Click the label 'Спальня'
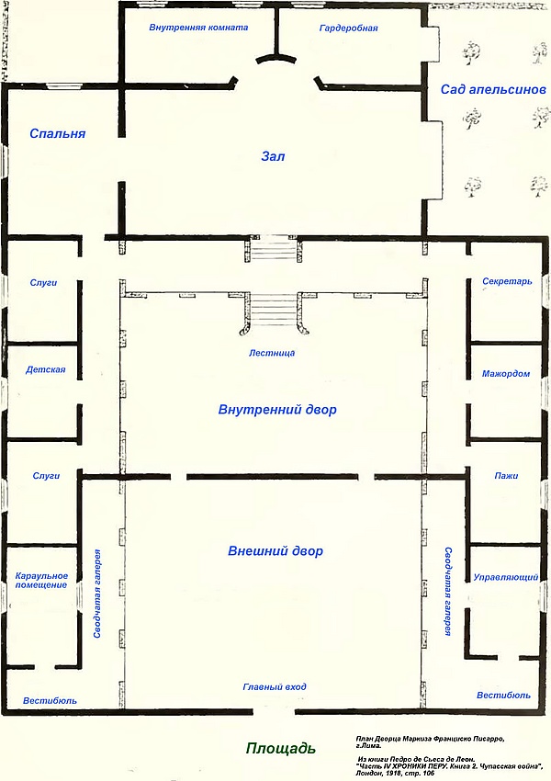(58, 133)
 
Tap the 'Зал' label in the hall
(274, 156)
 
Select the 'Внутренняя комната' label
(198, 28)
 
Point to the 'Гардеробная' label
(348, 28)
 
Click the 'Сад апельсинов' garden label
(493, 90)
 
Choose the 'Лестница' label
(272, 353)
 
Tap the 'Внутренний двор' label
(277, 410)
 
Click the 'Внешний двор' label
(275, 551)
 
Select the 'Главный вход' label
(275, 687)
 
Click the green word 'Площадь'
(281, 748)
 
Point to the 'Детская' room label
(46, 370)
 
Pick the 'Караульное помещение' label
(41, 581)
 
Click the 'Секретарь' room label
(507, 281)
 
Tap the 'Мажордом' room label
(506, 374)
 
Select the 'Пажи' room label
(506, 476)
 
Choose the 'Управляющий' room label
(506, 578)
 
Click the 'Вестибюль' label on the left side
(51, 701)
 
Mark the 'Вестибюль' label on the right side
(504, 696)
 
